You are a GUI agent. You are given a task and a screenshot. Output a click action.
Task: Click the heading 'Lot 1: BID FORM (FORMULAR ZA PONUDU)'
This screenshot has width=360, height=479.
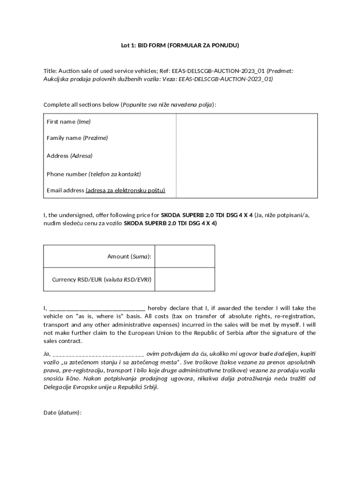pos(180,45)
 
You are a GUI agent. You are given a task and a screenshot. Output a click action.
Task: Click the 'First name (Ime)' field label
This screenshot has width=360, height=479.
pos(68,122)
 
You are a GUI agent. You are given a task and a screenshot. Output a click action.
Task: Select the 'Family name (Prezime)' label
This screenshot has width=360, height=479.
pos(77,138)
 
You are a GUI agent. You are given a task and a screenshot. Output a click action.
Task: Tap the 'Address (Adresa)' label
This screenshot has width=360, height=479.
pos(69,155)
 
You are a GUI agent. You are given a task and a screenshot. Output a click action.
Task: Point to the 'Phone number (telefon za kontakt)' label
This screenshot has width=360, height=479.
pos(94,174)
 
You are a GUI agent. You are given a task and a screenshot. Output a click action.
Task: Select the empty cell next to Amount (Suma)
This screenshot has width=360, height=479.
pos(185,256)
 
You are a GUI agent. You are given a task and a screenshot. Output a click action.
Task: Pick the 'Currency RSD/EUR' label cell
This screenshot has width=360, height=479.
pos(101,280)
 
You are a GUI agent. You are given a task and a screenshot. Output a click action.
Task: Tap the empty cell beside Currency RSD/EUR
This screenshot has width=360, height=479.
pos(185,280)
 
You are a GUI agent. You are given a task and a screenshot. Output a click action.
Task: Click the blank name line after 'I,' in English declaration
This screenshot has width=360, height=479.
pos(97,308)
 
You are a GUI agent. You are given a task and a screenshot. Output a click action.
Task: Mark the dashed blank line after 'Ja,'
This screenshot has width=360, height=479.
pos(99,354)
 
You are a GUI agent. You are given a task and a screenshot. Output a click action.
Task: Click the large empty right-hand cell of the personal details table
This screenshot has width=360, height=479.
pos(246,155)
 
